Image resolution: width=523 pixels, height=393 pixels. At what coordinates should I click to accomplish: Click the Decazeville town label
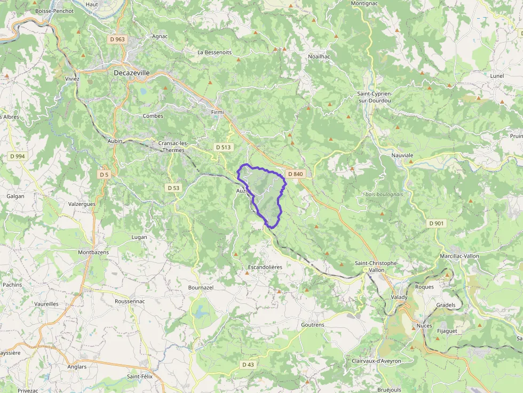tap(131, 73)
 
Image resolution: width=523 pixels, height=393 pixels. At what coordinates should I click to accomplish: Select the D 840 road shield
tap(295, 174)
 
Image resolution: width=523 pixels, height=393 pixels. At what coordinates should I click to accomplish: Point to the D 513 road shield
tap(223, 147)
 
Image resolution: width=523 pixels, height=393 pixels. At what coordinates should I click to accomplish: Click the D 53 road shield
tap(173, 188)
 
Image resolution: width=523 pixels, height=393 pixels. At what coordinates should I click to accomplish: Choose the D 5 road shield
tap(104, 174)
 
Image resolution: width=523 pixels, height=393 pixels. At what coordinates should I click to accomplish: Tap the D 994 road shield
tap(17, 156)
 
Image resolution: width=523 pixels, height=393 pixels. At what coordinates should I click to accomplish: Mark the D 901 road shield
tap(436, 223)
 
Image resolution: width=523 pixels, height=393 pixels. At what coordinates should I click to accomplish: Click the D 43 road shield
tap(248, 365)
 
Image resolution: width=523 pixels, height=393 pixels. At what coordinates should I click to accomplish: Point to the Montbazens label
tap(93, 252)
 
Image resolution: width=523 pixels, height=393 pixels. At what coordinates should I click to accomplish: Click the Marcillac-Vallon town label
tap(459, 256)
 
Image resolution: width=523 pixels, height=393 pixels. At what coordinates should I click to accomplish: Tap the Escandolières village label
tap(265, 267)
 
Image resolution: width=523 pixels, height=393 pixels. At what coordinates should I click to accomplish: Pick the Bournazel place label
tap(201, 287)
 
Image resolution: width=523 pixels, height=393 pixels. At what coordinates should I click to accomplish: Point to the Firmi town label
tap(217, 113)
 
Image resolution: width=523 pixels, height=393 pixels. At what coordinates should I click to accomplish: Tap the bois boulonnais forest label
tap(384, 194)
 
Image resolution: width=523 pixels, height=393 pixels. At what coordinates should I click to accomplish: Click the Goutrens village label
tap(312, 325)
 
